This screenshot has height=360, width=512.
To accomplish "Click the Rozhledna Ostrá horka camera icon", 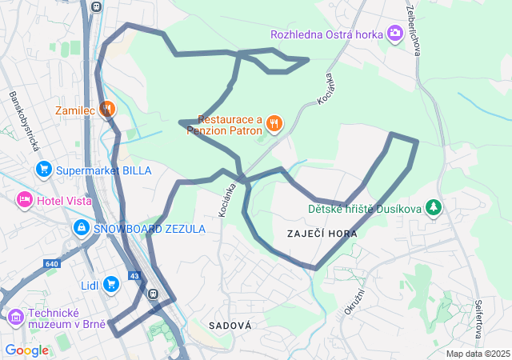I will click(x=394, y=34).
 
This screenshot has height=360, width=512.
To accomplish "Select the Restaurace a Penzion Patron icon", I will click(x=274, y=122).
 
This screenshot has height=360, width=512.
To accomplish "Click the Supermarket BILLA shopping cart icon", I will click(x=43, y=170).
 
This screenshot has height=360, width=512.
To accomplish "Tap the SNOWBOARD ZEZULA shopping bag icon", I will click(x=81, y=229).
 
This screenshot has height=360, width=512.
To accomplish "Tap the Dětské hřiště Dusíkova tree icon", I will click(x=434, y=209).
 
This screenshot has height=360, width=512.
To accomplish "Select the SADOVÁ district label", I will click(x=230, y=326).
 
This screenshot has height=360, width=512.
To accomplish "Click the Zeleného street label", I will click(x=414, y=32).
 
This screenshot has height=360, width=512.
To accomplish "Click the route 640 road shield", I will click(x=52, y=263).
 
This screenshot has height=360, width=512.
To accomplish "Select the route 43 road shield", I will click(x=134, y=276).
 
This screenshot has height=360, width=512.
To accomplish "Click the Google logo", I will click(x=26, y=350).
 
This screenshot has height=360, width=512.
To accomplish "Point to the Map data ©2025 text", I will click(x=478, y=354).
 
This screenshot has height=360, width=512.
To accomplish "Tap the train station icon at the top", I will click(x=97, y=6).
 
